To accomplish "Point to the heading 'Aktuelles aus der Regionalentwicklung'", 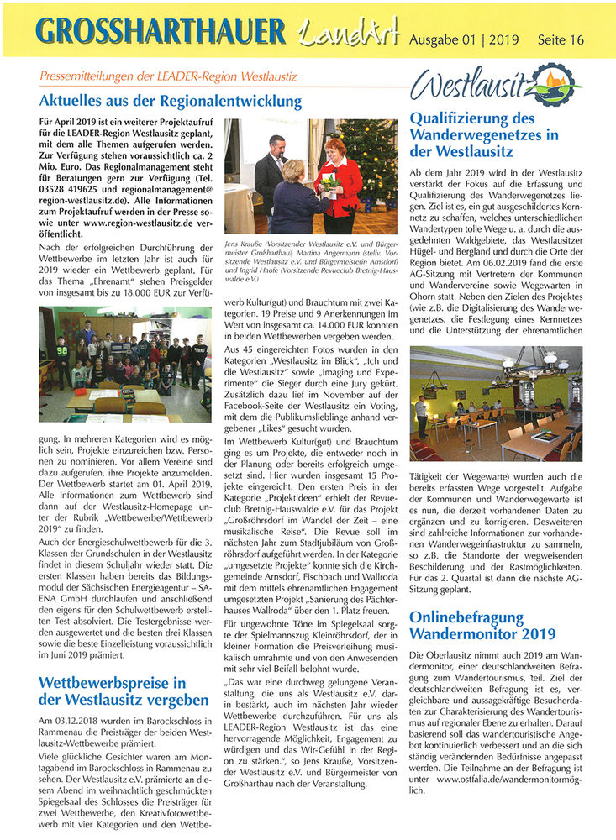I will click(x=170, y=102).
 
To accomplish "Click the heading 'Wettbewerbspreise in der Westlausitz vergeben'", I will click(x=124, y=690).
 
